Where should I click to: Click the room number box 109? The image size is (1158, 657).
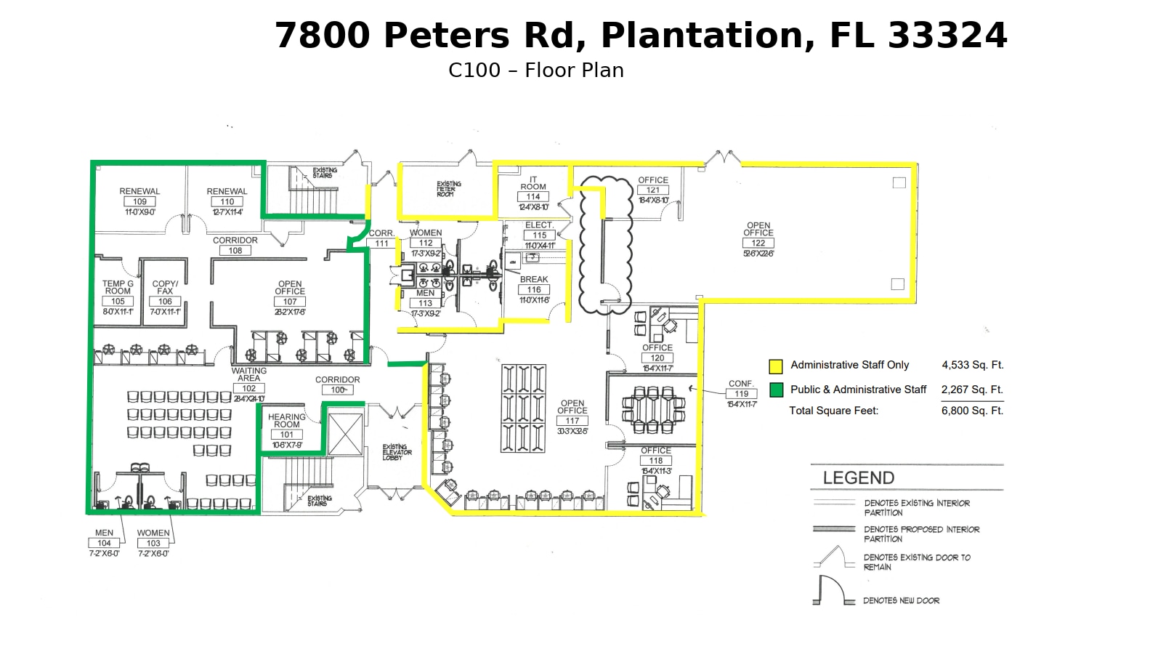(x=139, y=202)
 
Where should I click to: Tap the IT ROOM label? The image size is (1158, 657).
(x=533, y=183)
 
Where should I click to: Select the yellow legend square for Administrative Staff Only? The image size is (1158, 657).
(x=776, y=366)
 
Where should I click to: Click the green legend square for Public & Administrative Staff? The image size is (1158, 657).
(x=776, y=390)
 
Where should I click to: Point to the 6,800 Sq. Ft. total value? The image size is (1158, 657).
(x=972, y=411)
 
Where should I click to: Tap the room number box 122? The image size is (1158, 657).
(x=758, y=243)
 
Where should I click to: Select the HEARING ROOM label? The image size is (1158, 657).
(x=286, y=421)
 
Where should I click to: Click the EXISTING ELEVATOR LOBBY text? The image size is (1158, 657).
(x=397, y=452)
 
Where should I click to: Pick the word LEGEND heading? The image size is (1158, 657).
(x=858, y=478)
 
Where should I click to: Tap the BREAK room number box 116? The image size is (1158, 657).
(x=534, y=290)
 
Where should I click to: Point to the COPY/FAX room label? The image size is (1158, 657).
(x=165, y=288)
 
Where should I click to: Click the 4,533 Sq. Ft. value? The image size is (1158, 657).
(x=972, y=365)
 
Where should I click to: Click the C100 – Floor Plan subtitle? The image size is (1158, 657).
(x=535, y=70)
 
